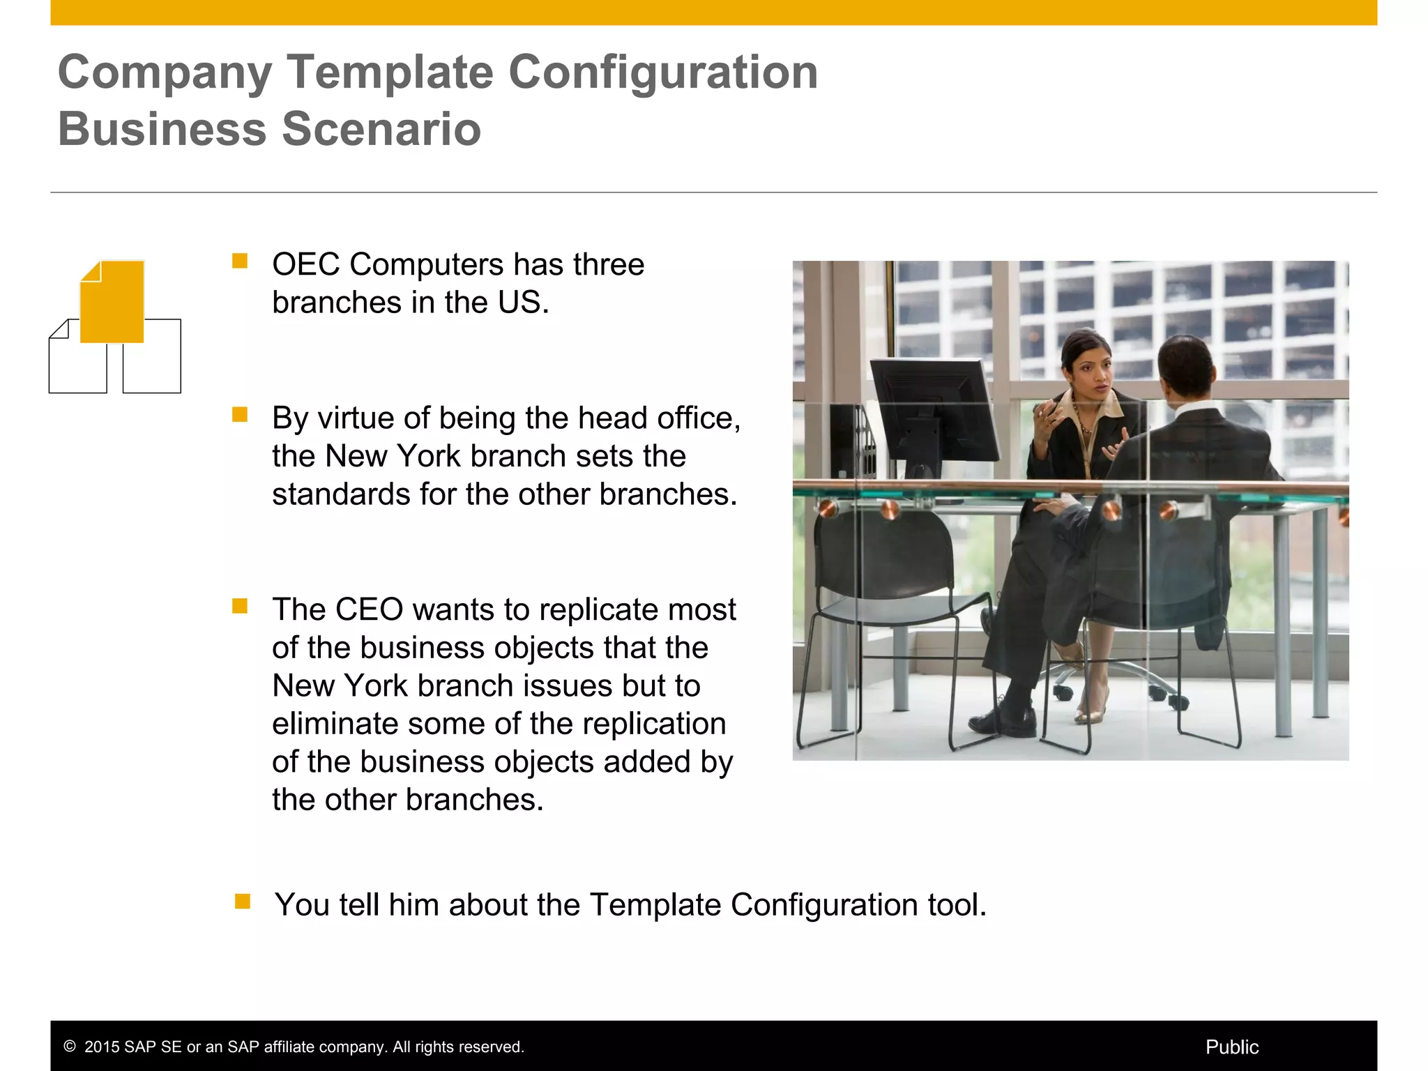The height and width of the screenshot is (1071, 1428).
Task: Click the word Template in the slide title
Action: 390,73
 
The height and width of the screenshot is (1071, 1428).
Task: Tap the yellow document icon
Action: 112,301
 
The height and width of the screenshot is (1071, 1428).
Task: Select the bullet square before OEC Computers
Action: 240,261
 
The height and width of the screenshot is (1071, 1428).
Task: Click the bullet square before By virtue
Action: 240,415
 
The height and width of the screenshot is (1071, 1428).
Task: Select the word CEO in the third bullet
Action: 369,610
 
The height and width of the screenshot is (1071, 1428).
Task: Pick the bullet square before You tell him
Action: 242,902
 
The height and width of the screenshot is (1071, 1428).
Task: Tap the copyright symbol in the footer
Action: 70,1047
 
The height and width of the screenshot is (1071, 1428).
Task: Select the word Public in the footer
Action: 1231,1047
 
